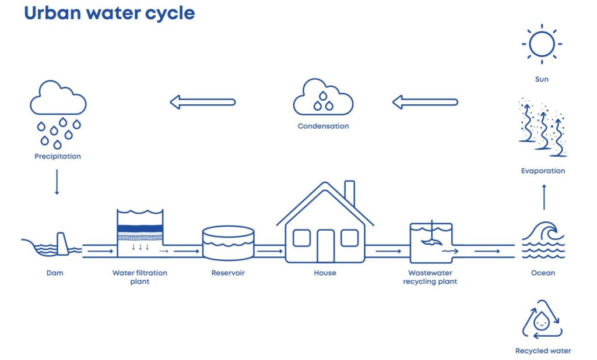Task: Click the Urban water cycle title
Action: click(x=109, y=13)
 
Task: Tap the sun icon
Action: click(x=542, y=44)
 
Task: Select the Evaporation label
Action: click(x=543, y=171)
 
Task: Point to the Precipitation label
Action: click(x=57, y=156)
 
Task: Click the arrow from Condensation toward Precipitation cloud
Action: click(x=202, y=103)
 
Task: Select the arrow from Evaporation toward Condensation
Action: click(x=424, y=103)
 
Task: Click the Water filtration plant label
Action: click(x=139, y=277)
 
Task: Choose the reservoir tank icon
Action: click(x=228, y=243)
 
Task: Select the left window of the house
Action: click(x=301, y=238)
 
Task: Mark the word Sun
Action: click(x=542, y=79)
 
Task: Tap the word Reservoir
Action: click(x=228, y=273)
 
